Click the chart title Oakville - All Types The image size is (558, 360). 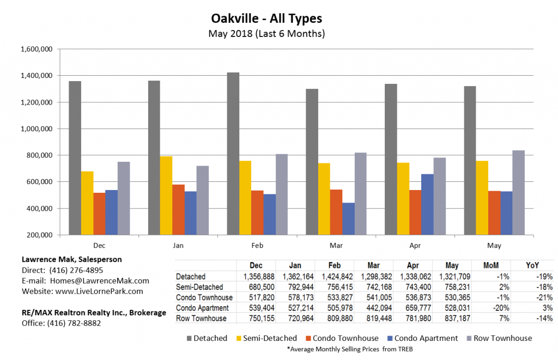[x=266, y=19]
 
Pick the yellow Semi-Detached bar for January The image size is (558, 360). [x=166, y=196]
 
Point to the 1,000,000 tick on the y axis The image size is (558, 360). [x=37, y=129]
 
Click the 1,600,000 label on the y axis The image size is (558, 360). [x=37, y=49]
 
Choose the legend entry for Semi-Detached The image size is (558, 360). [x=267, y=338]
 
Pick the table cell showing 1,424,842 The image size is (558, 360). [x=334, y=276]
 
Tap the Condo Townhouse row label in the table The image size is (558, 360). [x=204, y=297]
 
